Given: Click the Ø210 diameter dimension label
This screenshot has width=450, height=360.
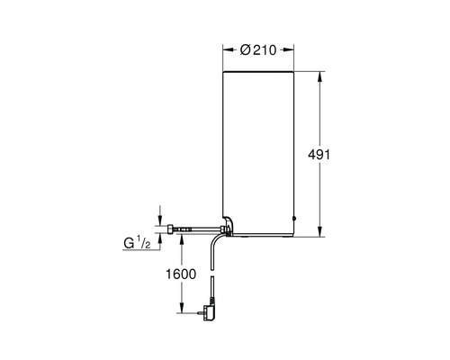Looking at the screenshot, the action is click(x=258, y=50).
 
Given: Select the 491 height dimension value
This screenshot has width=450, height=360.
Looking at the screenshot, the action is click(x=319, y=155).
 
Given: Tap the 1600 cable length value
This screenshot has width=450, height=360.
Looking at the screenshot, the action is click(x=181, y=274).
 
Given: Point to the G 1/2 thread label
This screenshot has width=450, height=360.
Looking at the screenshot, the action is click(x=137, y=242).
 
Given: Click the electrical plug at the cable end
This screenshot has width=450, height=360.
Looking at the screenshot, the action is click(x=209, y=312).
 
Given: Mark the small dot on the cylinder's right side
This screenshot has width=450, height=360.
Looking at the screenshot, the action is click(x=294, y=219).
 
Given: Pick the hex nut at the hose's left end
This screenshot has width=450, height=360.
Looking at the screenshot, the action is click(x=170, y=229).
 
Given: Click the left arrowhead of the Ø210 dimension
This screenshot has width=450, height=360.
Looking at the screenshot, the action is click(x=228, y=50).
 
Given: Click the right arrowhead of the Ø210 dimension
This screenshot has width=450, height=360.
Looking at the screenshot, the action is click(x=289, y=50).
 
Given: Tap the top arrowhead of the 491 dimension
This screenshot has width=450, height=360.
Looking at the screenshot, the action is click(x=319, y=76).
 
